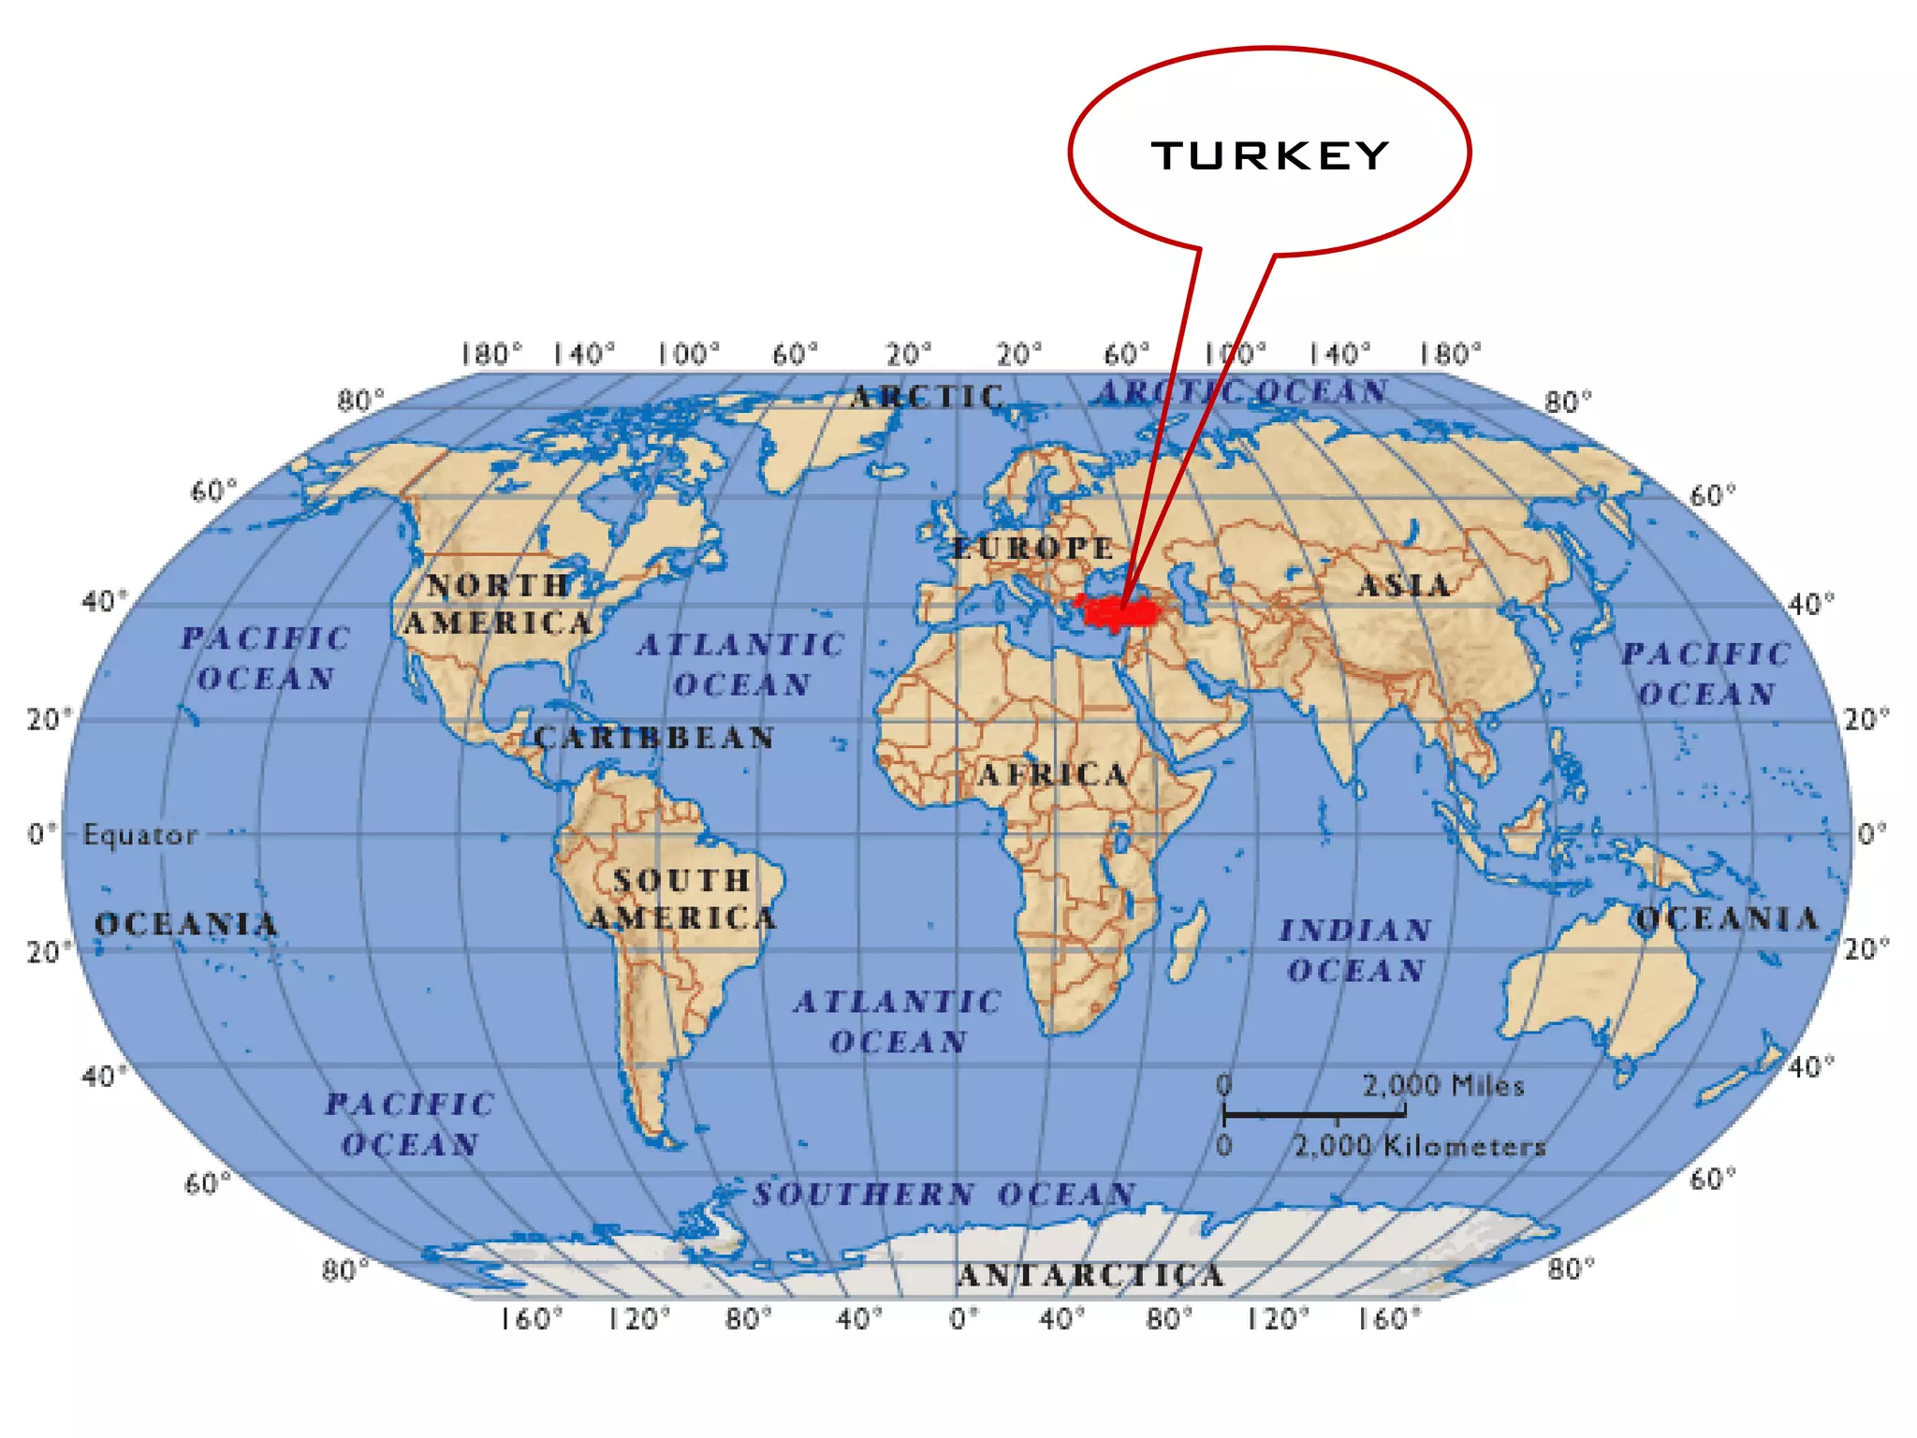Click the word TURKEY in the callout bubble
point(1270,156)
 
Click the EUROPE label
point(1032,548)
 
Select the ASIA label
point(1404,586)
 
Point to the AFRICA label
point(1052,774)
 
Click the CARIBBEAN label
point(654,738)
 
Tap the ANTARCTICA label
point(1090,1275)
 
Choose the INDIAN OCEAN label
point(1356,950)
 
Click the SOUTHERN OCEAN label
point(944,1195)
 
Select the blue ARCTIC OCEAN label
point(1242,391)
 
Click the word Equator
point(140,834)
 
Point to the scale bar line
point(1314,1114)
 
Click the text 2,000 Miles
point(1442,1086)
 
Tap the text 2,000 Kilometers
point(1419,1146)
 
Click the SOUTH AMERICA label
point(682,899)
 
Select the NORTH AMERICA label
point(498,604)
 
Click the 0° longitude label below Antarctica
point(964,1319)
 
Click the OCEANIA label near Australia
point(1727,919)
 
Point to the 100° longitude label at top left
point(688,355)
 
